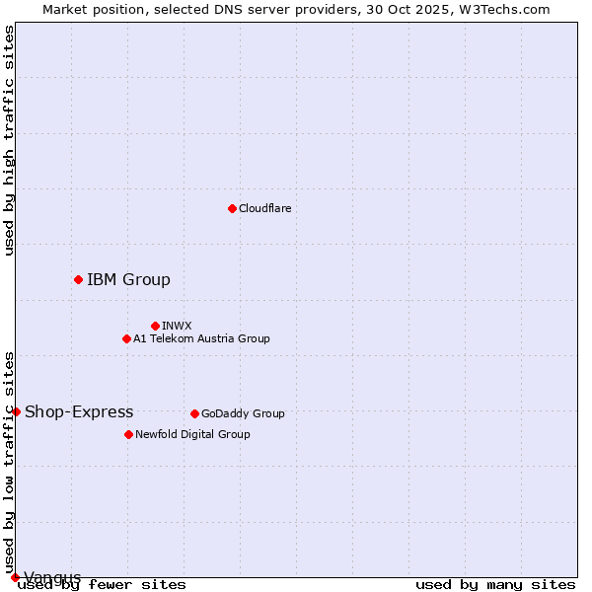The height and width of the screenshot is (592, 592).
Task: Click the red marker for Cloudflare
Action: tap(232, 208)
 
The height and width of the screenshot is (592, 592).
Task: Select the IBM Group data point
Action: tap(78, 279)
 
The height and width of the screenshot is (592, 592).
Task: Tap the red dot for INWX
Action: tap(155, 326)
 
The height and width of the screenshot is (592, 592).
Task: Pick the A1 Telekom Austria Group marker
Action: tap(126, 338)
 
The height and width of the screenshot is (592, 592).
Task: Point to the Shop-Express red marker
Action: tap(16, 411)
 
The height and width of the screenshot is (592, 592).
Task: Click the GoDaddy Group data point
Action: tap(194, 413)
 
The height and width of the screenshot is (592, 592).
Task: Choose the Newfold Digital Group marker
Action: tap(128, 434)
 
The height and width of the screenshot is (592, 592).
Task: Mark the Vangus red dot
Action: tap(15, 577)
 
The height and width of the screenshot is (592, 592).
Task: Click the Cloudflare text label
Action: tap(264, 208)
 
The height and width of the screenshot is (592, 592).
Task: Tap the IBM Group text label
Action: tap(128, 279)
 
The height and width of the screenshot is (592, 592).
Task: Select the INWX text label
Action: tap(177, 326)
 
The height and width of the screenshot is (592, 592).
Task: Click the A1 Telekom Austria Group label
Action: tap(201, 338)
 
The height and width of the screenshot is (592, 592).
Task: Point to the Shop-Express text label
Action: tap(79, 411)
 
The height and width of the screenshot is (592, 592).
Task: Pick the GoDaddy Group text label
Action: tap(243, 413)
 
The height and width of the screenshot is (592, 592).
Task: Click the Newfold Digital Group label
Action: tap(192, 434)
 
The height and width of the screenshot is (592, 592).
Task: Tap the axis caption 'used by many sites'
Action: tap(495, 585)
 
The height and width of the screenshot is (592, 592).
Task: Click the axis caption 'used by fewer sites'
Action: tap(102, 585)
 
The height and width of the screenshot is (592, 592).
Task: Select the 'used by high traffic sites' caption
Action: tap(10, 140)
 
